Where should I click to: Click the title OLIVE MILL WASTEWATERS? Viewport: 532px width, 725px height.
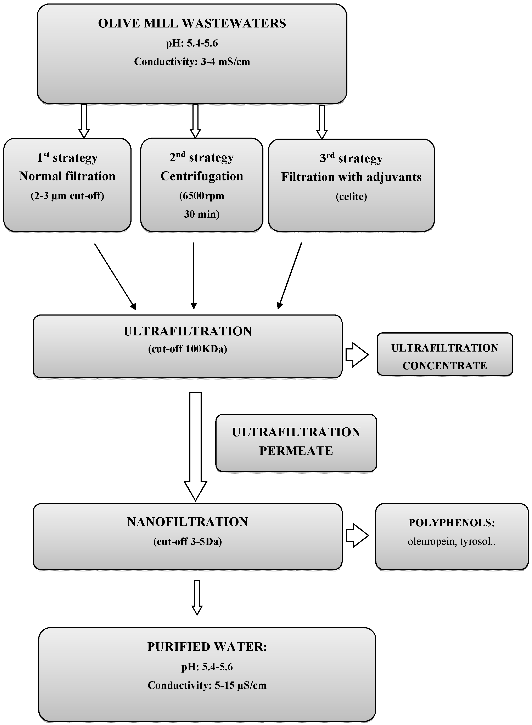[192, 24]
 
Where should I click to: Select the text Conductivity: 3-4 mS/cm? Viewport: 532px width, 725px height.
[192, 62]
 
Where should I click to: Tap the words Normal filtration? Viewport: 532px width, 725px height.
[67, 176]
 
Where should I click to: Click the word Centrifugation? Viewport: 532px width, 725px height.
[202, 176]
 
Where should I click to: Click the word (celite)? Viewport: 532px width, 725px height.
[351, 196]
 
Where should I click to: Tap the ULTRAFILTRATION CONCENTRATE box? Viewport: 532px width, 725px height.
[445, 354]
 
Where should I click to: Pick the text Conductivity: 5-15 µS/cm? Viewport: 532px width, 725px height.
[207, 685]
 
